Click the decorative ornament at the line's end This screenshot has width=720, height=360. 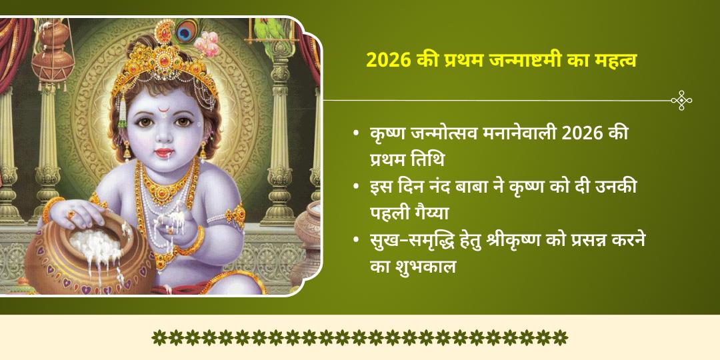(681, 101)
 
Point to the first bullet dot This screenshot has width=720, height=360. (357, 134)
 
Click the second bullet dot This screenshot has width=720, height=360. (357, 188)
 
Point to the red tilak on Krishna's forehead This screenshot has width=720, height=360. (161, 107)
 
